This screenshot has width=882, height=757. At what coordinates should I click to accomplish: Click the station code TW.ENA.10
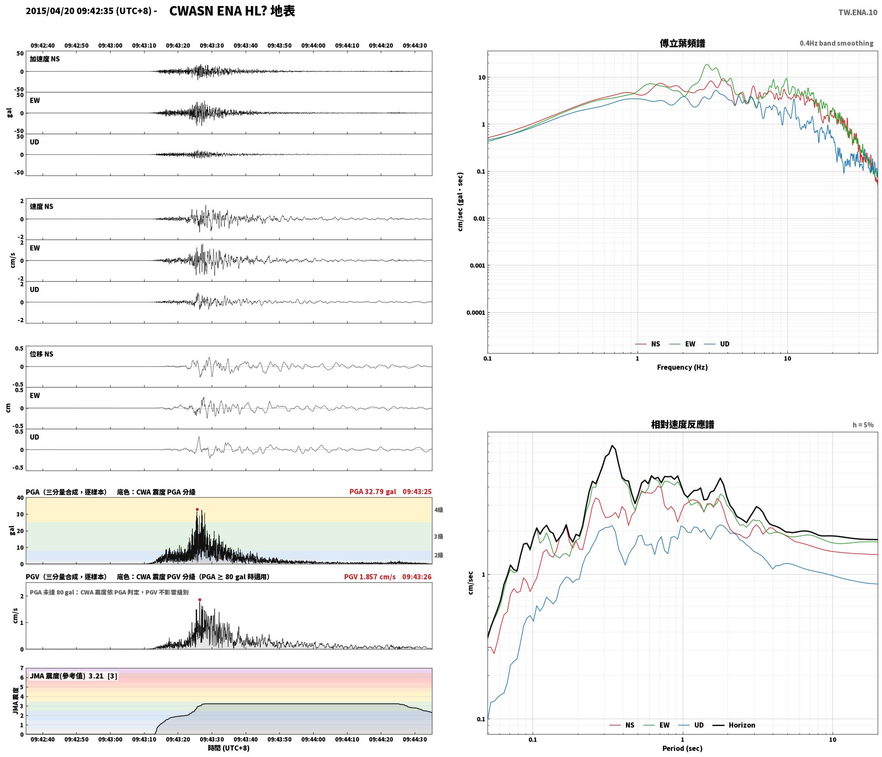857,12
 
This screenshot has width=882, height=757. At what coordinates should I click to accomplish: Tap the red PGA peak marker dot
197,509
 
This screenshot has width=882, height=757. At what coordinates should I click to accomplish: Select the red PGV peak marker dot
200,600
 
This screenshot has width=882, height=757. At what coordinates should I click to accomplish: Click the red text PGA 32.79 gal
373,492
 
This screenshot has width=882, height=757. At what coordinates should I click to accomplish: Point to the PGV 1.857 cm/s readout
370,577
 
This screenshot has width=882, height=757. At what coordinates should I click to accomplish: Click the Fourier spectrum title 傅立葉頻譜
682,43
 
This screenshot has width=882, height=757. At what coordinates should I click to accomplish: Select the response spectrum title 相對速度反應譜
682,425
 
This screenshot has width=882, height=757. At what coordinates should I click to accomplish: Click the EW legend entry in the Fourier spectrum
683,344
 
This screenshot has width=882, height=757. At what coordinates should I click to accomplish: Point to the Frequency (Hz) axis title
682,367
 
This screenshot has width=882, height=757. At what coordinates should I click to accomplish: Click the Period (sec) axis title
682,748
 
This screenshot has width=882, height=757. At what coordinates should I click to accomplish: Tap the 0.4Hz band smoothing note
836,43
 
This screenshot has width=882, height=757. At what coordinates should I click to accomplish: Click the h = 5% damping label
863,425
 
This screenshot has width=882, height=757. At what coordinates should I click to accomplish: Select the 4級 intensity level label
438,510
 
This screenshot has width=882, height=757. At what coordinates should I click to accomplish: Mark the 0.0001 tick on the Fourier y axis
475,313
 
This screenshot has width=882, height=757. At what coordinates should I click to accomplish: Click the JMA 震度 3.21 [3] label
74,676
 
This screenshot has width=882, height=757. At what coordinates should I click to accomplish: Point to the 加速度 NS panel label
45,59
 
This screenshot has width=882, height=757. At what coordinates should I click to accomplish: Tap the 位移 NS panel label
42,354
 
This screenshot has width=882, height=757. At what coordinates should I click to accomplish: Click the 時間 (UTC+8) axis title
229,748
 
